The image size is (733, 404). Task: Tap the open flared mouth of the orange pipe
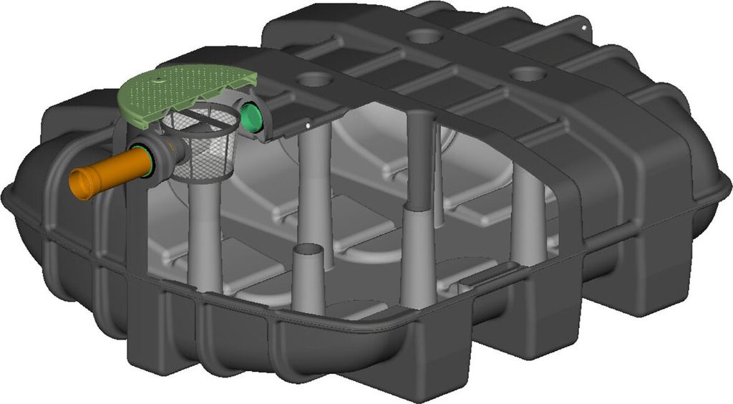(80, 184)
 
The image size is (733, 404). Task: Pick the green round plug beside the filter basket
(251, 116)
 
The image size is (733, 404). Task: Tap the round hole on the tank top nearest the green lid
(311, 80)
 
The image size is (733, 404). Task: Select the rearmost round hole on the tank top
(424, 35)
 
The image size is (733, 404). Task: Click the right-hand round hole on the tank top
(529, 73)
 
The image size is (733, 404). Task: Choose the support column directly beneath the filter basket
(206, 236)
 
